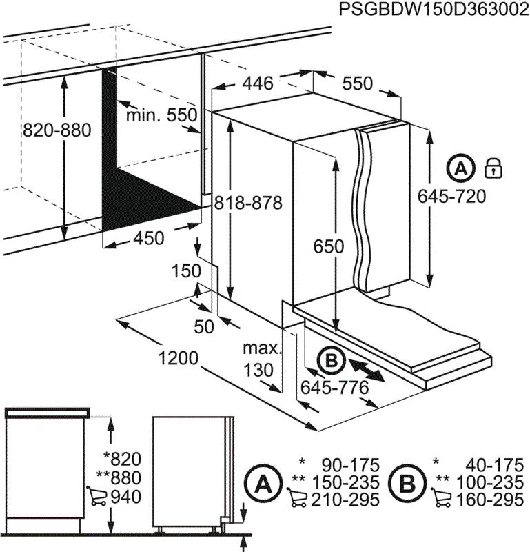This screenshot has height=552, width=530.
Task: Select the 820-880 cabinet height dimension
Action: click(x=57, y=130)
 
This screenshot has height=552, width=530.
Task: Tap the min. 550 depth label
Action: click(x=161, y=115)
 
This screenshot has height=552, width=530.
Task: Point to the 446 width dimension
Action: click(x=258, y=83)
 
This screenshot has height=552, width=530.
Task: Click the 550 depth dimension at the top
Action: click(x=357, y=83)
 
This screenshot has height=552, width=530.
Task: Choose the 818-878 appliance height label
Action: click(x=248, y=203)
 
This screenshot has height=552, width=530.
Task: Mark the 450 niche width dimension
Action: click(x=148, y=238)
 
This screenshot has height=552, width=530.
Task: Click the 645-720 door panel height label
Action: click(x=452, y=197)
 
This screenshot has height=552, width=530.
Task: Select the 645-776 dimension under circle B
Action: click(x=334, y=388)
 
